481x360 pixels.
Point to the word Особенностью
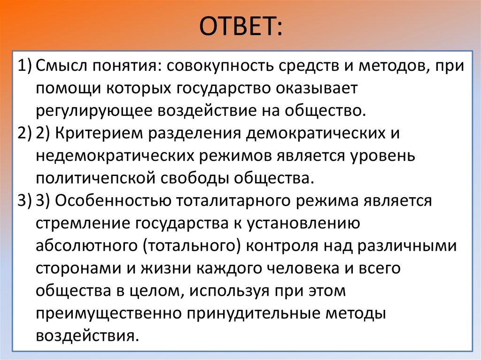(113, 200)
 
